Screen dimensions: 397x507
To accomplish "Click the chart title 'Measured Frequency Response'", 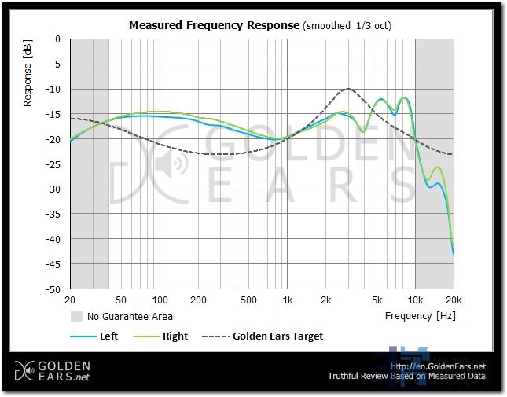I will (x=214, y=25).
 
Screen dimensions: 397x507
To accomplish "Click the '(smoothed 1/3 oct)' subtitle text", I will (x=347, y=25).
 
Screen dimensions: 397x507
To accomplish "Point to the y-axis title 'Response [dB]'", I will (x=28, y=75).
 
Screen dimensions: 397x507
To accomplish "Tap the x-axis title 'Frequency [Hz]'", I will (x=420, y=316).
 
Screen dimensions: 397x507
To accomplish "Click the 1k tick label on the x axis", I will (x=288, y=300).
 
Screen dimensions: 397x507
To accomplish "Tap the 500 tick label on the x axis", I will (x=248, y=300).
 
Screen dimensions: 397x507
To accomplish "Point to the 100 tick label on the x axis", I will (x=160, y=300).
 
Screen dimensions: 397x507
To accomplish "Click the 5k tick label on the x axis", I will (x=377, y=300).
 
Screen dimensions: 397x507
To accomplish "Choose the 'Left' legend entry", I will (x=108, y=336).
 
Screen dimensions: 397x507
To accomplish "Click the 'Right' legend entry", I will (x=175, y=336).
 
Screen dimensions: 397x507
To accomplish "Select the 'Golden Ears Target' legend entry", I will (x=277, y=336).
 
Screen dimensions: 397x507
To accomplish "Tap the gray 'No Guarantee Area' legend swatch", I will (x=76, y=317).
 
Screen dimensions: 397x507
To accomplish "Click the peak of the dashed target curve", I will (x=347, y=89).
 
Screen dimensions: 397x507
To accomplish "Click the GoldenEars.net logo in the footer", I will (x=53, y=371).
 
